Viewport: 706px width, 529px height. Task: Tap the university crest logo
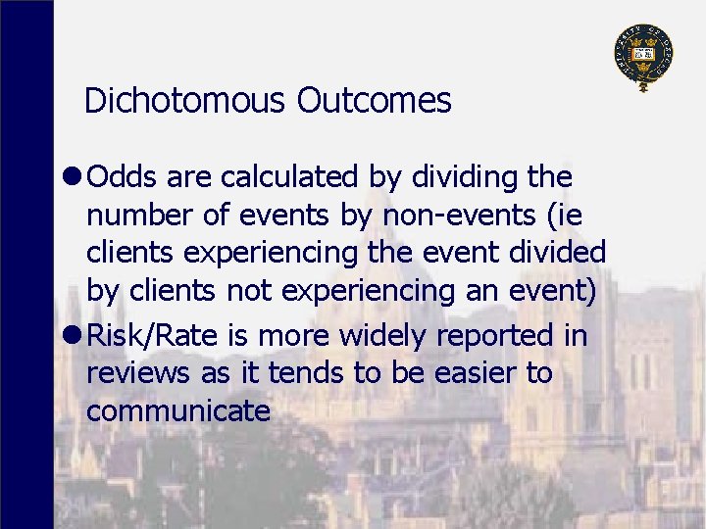(643, 55)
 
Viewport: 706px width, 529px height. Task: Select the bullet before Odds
(74, 178)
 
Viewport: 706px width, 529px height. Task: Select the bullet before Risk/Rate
(74, 337)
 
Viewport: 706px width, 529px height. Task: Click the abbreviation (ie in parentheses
(567, 216)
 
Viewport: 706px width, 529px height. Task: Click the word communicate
(178, 411)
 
